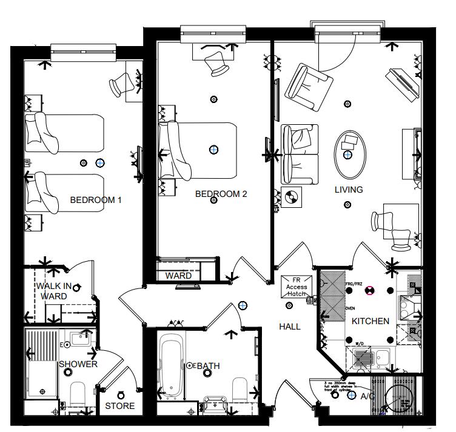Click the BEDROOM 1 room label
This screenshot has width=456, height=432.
(96, 199)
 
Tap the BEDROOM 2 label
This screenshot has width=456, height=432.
(221, 194)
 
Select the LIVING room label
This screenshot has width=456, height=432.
(349, 190)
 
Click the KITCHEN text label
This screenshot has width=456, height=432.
(370, 321)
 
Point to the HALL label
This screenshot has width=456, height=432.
(289, 327)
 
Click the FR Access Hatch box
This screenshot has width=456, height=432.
(297, 287)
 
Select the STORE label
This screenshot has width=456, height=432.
(120, 405)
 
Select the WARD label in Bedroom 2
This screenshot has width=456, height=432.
(178, 276)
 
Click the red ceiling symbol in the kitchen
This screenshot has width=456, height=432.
(368, 290)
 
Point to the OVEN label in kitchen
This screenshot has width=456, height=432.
(350, 308)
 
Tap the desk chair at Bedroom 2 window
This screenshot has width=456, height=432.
(215, 62)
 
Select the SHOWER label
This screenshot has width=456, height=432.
(78, 364)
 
